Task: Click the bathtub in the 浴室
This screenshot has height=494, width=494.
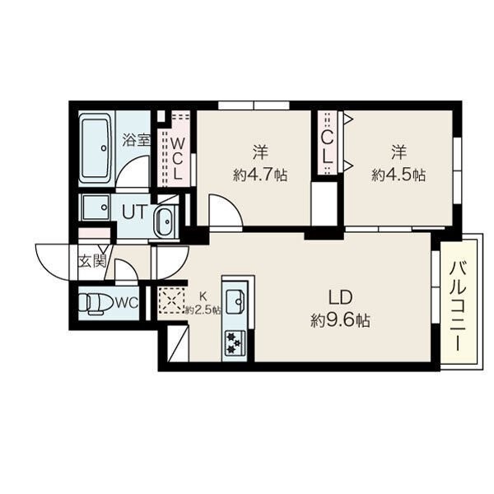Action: [95, 148]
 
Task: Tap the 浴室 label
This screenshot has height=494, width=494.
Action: [136, 140]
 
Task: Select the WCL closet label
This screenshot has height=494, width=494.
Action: [178, 159]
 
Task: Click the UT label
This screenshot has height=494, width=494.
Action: [134, 212]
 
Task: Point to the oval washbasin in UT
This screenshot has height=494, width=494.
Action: [164, 221]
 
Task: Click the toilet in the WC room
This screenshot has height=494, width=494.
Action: [95, 304]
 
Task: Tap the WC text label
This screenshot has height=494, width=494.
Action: [127, 303]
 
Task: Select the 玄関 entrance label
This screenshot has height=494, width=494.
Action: [92, 261]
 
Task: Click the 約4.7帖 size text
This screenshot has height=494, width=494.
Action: [260, 175]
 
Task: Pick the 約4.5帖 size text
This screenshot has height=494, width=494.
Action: [398, 175]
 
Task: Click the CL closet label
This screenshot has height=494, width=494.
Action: [328, 147]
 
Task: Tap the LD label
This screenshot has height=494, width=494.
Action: [340, 297]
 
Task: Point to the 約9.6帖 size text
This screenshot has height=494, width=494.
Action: [340, 321]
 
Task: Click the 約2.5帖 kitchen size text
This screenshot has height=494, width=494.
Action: [203, 310]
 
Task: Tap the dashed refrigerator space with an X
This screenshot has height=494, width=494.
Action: [172, 301]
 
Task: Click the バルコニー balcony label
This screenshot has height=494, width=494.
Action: [458, 306]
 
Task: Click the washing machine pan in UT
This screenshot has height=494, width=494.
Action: [96, 207]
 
